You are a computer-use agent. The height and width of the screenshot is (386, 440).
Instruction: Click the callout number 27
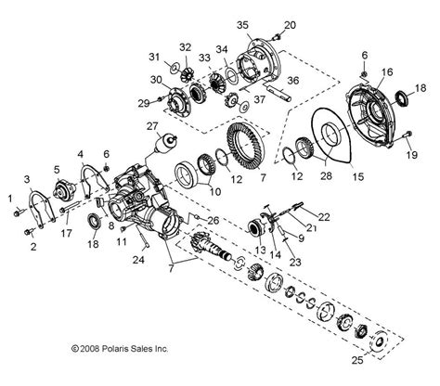(x=152, y=126)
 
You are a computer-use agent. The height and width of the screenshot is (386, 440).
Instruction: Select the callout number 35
(x=243, y=25)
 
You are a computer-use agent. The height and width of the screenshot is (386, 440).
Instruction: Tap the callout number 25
(x=357, y=360)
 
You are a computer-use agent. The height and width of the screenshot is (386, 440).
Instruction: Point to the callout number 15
(x=358, y=176)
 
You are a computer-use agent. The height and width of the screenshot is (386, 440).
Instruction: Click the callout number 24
(x=138, y=260)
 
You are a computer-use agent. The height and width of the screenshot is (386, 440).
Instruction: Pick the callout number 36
(x=293, y=81)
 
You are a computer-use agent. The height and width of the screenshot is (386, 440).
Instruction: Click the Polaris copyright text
(x=120, y=349)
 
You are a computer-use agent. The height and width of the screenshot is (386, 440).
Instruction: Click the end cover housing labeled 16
(x=372, y=115)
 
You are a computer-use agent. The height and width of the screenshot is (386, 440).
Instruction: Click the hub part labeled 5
(x=65, y=189)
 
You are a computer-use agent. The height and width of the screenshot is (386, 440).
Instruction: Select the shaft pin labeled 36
(x=279, y=93)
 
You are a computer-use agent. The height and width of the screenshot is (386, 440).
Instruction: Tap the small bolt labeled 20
(x=277, y=37)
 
